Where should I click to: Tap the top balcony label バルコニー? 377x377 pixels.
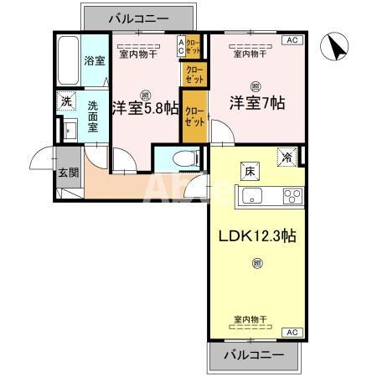point(138,17)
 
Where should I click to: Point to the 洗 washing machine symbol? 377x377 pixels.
point(65,102)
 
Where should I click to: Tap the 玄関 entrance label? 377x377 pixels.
point(68,173)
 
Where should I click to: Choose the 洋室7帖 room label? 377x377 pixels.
point(257,104)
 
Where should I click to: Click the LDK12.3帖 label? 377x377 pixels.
point(256,235)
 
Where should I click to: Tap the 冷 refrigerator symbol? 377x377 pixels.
point(287,156)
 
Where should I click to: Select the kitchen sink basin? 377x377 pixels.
point(251,197)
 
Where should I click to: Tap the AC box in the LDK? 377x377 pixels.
point(292,333)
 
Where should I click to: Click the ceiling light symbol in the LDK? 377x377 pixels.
point(256,266)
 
